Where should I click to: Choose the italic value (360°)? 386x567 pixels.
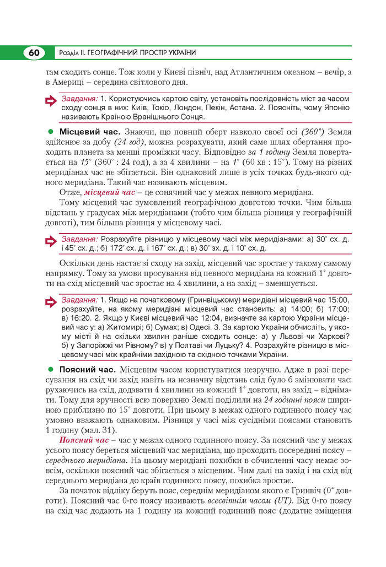[317, 132]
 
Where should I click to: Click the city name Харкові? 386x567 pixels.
[332, 338]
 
